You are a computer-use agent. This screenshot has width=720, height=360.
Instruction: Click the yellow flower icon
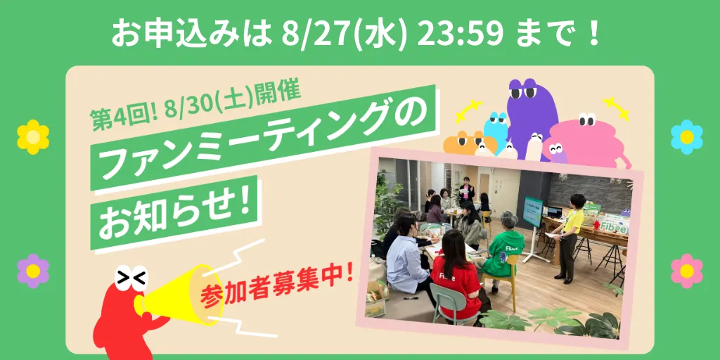click(x=33, y=137)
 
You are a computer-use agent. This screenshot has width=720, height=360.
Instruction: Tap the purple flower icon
click(x=33, y=271)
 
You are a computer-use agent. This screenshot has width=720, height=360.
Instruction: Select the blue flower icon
click(x=687, y=137)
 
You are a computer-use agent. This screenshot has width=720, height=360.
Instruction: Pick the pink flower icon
click(x=687, y=271)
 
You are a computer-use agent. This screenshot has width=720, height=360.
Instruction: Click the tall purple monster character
click(x=533, y=115)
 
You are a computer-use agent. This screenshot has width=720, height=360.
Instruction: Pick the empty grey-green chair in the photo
click(x=448, y=304)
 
